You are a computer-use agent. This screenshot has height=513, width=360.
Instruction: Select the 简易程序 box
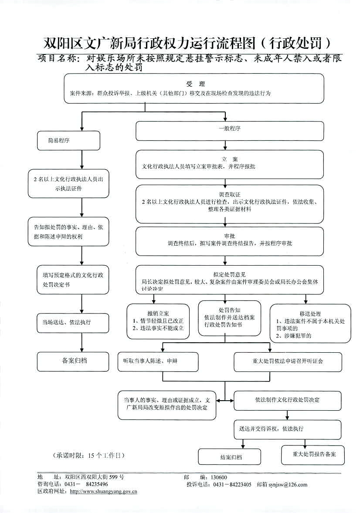[x=59, y=141]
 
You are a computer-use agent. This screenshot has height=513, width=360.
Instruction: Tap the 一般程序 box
[x=230, y=129]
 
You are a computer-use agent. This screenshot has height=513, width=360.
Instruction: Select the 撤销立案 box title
[x=158, y=313]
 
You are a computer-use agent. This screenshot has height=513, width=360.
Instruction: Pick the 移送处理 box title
[x=310, y=314]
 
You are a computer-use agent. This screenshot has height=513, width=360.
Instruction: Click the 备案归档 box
[x=72, y=361]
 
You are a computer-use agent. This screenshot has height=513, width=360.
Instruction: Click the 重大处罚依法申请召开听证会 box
[x=288, y=361]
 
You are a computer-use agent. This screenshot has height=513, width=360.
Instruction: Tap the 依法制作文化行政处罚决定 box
[x=288, y=400]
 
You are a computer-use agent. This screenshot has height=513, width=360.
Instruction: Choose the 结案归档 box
[x=229, y=457]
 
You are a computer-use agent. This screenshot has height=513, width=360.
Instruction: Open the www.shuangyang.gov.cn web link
[x=104, y=492]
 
